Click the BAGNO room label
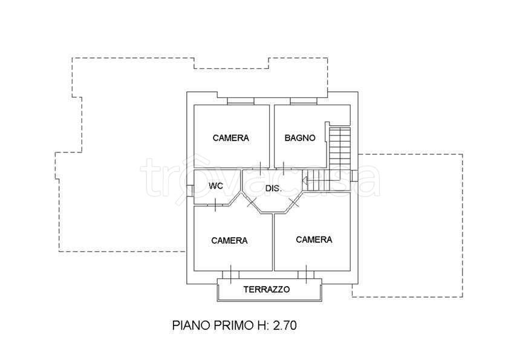pos(300,138)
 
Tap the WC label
pos(216,186)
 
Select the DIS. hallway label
pos(273,189)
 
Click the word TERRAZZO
pos(267,289)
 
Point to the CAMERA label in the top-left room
pos(231,138)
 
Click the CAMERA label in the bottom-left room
pos(229,241)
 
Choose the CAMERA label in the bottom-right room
pos(314,240)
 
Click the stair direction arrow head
pos(305,181)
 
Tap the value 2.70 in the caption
pos(285,326)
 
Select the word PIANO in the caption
pos(191,326)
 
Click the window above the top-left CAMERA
pos(241,101)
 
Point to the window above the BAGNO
pos(304,101)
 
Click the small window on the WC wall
pos(190,191)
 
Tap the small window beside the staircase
pos(354,176)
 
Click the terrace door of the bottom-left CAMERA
pos(230,275)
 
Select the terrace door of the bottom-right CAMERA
pos(306,275)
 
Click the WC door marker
pos(216,205)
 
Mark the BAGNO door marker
pos(284,168)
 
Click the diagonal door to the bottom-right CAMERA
pos(293,203)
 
